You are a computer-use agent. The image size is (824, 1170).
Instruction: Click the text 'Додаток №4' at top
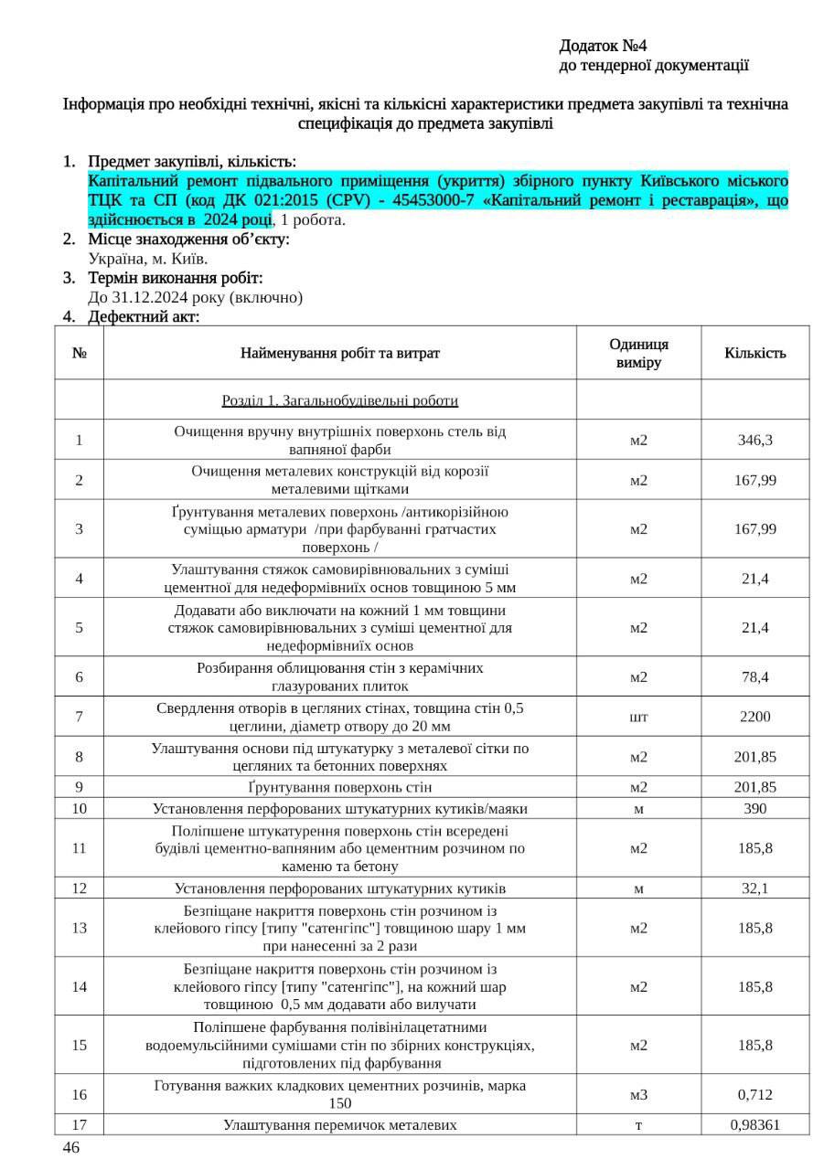point(604,46)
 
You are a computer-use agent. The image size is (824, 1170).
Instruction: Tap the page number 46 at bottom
point(70,1147)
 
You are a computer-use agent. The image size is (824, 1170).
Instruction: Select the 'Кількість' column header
point(754,353)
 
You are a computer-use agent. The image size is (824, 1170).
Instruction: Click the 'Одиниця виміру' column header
point(638,353)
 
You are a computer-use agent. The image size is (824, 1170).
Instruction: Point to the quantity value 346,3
point(754,440)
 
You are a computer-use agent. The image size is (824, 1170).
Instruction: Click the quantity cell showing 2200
point(754,717)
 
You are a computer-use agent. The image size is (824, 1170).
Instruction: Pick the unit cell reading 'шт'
point(638,717)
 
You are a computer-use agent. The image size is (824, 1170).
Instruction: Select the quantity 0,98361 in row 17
point(754,1124)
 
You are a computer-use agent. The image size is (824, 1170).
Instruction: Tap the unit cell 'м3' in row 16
point(638,1094)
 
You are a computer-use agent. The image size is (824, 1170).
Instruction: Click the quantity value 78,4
point(754,677)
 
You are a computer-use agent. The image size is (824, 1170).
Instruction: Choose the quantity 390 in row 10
point(754,808)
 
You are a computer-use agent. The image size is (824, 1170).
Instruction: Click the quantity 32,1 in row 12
point(754,888)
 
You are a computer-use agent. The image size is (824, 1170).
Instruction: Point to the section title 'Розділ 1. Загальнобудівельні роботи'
point(339,400)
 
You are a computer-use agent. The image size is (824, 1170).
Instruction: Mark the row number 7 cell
point(80,717)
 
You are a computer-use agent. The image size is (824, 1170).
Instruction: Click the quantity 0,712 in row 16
point(754,1094)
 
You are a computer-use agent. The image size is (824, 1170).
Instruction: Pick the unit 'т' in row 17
point(638,1124)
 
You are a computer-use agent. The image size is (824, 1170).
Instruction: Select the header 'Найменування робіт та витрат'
point(339,353)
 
